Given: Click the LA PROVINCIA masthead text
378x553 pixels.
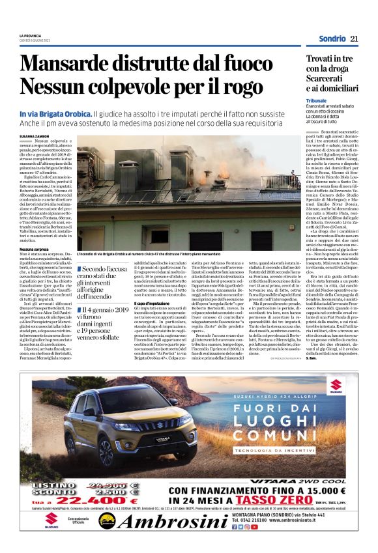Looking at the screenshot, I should tap(30, 35).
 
